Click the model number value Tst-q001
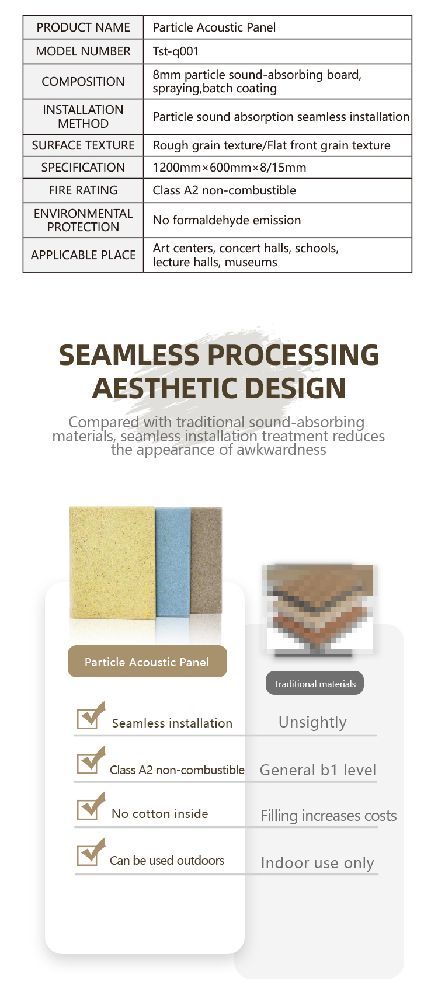point(176,51)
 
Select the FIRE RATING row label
point(83,190)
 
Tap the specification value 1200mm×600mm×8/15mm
point(229,168)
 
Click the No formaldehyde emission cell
point(227,220)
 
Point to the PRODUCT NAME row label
point(83,27)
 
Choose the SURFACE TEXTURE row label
point(83,145)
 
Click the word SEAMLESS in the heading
point(129,355)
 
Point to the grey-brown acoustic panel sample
point(207,561)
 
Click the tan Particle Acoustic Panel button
point(147,662)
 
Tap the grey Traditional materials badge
point(314,684)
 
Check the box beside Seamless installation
point(89,717)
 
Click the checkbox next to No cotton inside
point(89,807)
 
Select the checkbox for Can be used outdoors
point(89,854)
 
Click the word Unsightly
point(312,722)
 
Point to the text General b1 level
point(318,770)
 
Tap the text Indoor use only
point(317,863)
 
